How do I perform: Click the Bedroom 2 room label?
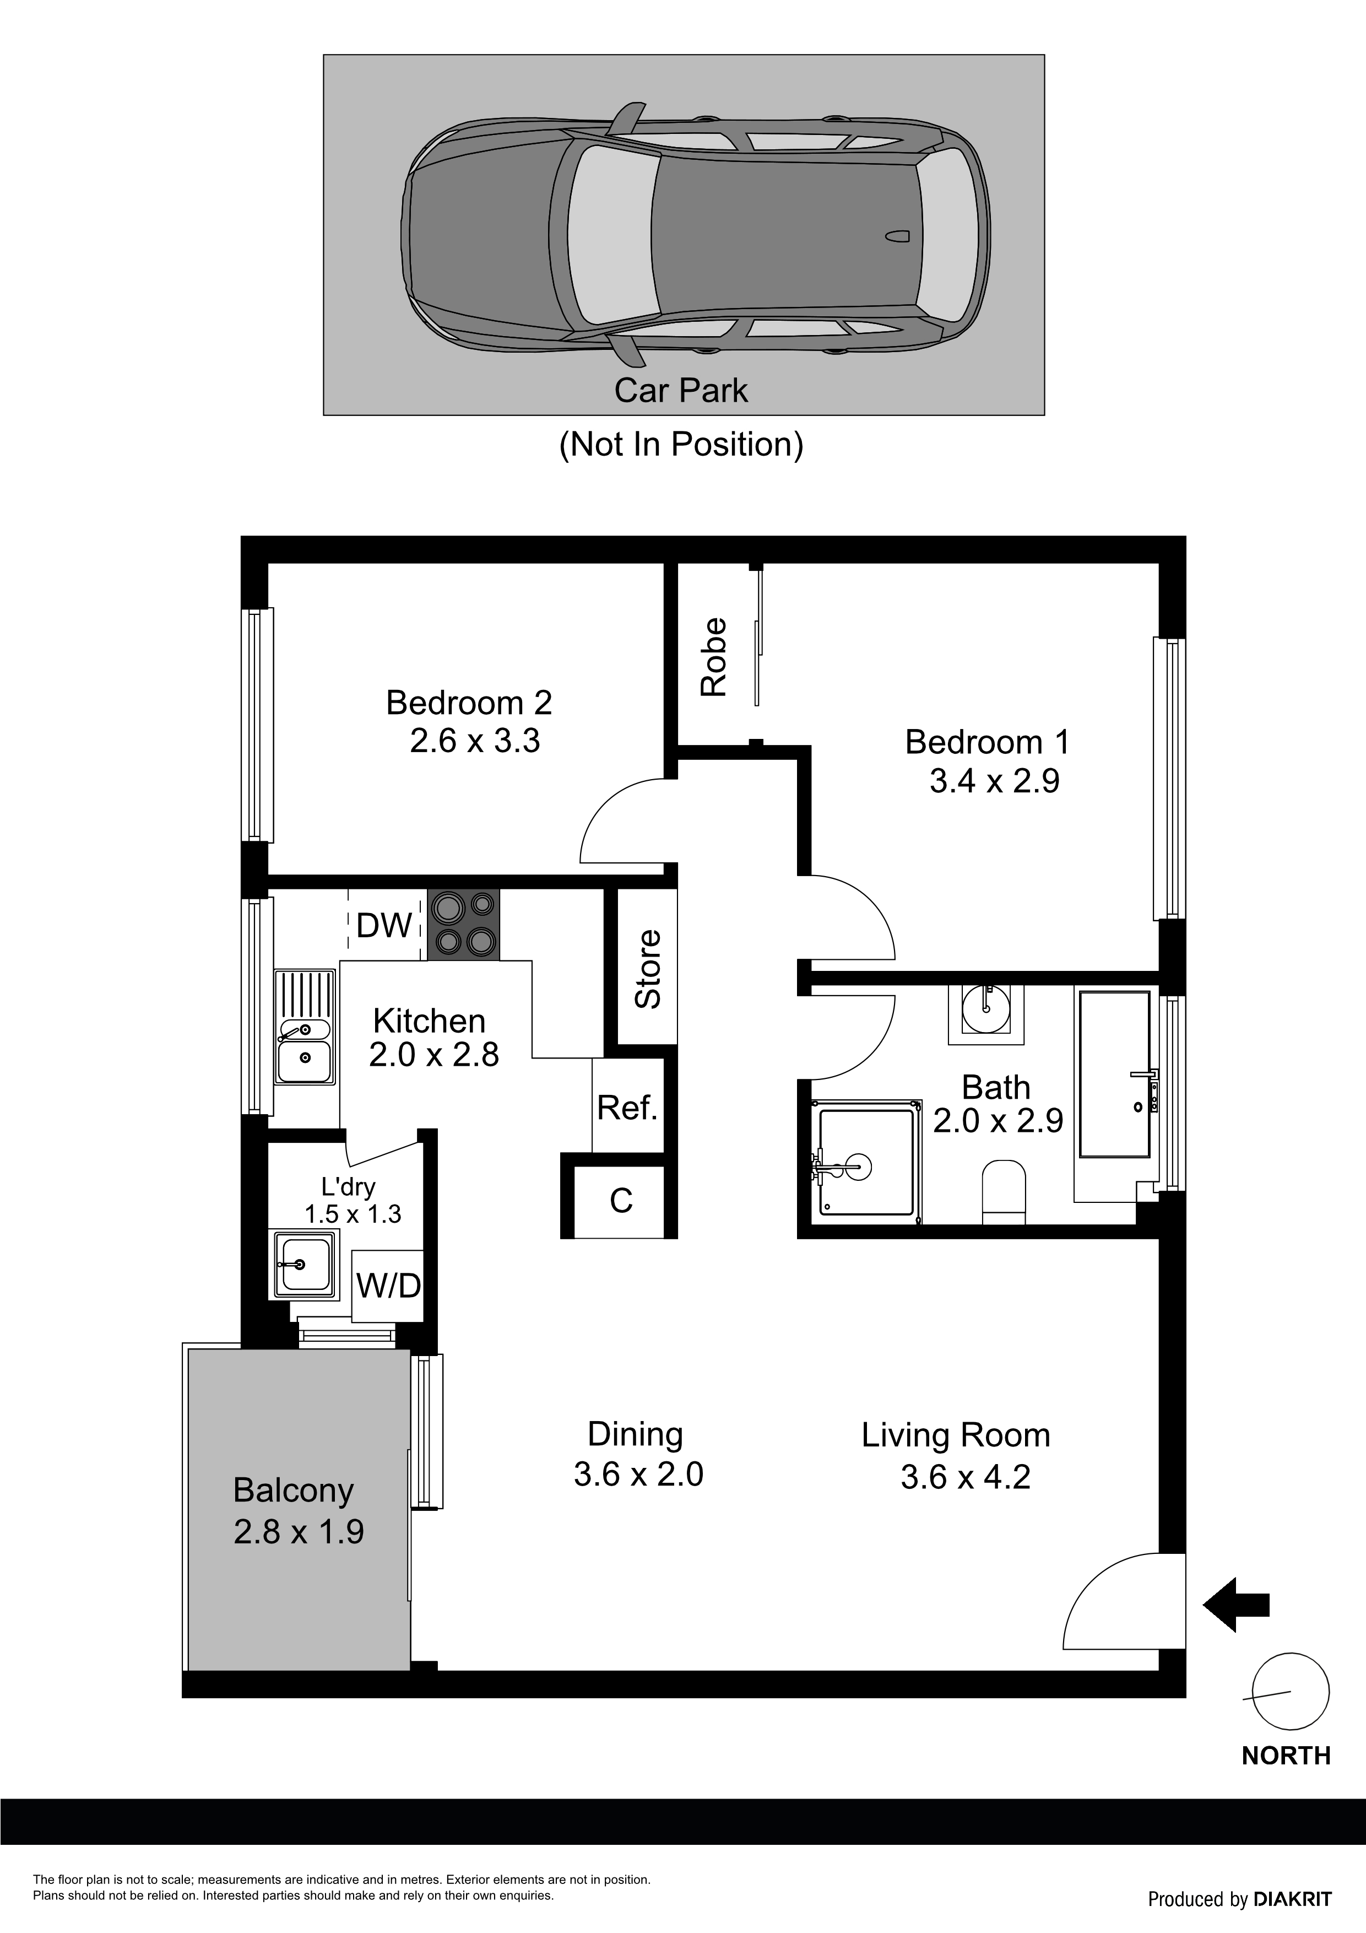[469, 702]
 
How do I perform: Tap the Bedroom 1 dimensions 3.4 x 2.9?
[994, 781]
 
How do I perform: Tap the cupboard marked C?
[620, 1201]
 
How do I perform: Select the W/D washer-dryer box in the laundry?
[388, 1286]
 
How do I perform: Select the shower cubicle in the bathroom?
[866, 1161]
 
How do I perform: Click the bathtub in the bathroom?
[1114, 1073]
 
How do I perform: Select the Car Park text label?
[681, 391]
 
